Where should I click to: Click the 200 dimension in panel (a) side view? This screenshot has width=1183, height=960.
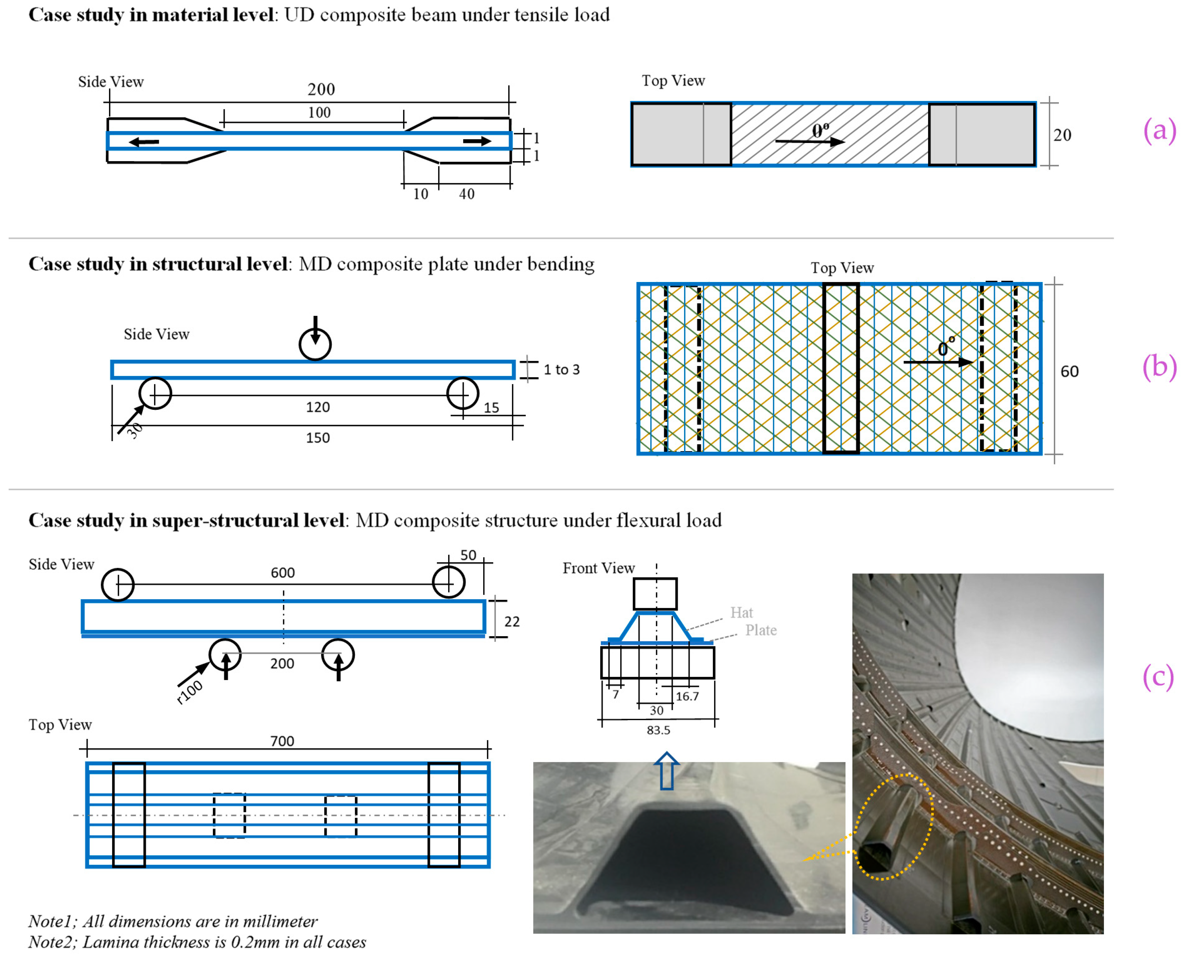(x=321, y=89)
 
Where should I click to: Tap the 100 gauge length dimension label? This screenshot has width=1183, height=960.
(x=319, y=113)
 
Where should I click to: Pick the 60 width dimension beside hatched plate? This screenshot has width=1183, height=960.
(x=1069, y=372)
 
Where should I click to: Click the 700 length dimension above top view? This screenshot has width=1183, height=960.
(x=282, y=741)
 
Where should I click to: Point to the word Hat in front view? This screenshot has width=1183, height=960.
(x=741, y=613)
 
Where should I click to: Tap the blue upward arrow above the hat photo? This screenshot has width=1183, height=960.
(x=667, y=770)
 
